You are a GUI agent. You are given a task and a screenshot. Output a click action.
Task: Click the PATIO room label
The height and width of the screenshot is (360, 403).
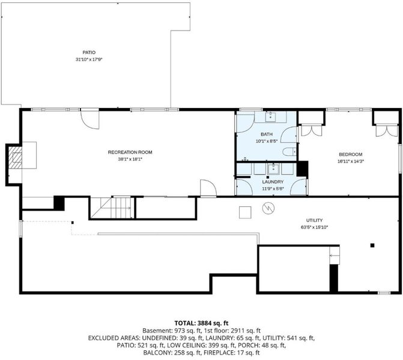point(89,52)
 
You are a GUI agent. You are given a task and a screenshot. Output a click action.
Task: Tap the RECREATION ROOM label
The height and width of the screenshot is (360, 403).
point(130,152)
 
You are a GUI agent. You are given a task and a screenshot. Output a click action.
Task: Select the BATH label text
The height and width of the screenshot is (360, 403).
point(267,134)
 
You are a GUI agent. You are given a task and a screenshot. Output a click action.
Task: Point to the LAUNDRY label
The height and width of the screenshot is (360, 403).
point(273,182)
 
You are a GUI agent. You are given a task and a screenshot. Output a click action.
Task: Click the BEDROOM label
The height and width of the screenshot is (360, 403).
point(351,154)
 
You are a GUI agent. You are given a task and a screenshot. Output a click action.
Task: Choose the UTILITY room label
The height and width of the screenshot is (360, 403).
point(314,220)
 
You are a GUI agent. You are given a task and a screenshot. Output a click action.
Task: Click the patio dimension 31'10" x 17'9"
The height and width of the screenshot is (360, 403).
point(89,59)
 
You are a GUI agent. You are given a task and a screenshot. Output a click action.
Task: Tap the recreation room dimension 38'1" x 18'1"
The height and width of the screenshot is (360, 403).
point(130,159)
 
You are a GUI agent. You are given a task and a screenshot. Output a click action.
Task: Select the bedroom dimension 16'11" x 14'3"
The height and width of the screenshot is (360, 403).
point(351,161)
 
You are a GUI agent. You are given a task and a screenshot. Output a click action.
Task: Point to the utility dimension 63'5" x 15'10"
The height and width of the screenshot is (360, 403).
point(314,227)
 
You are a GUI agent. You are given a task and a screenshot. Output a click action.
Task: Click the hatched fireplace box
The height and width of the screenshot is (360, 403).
point(15,157)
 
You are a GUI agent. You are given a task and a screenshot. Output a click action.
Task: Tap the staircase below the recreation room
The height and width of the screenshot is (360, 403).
point(111,208)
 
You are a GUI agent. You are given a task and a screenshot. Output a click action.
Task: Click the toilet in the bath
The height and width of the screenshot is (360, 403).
point(289,152)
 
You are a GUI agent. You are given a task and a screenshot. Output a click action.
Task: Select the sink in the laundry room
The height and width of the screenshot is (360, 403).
point(273,169)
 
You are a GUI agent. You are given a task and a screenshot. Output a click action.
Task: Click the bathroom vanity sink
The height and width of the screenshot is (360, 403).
point(270,116)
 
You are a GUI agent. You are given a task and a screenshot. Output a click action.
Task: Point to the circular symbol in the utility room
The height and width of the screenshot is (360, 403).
point(268,208)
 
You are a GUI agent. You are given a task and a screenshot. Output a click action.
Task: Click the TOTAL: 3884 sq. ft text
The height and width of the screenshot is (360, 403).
point(201,323)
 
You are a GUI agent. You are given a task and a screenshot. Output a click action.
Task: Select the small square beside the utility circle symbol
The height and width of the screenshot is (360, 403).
point(245,212)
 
